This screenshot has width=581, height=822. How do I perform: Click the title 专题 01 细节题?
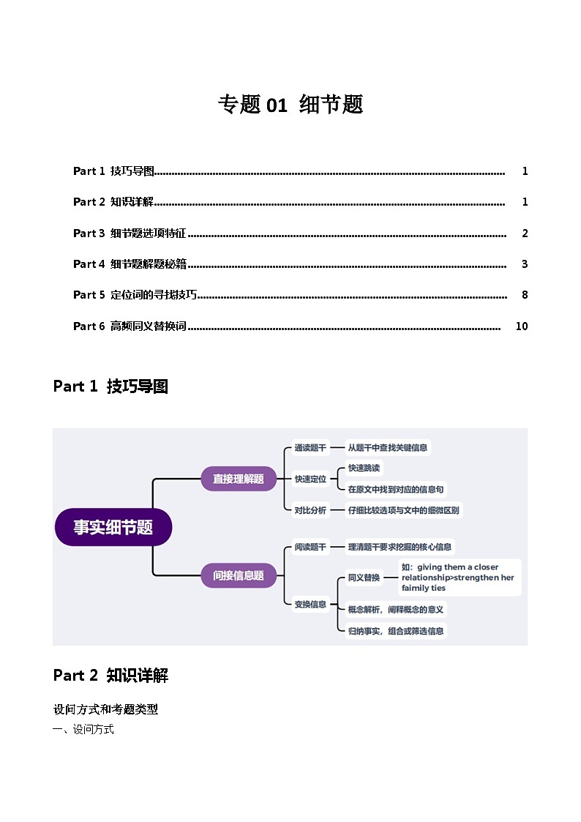[290, 105]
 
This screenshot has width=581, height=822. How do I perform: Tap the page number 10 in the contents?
[521, 326]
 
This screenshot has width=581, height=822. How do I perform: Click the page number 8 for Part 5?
[525, 295]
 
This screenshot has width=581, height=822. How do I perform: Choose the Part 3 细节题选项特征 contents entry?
[130, 233]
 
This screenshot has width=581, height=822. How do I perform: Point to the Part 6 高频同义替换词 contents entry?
[130, 326]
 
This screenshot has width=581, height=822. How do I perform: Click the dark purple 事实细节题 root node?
[113, 527]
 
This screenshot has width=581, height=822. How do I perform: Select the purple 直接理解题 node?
[239, 479]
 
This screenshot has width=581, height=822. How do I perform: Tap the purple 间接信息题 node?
[239, 575]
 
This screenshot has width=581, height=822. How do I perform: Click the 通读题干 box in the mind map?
[310, 447]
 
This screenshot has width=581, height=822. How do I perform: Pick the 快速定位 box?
[310, 479]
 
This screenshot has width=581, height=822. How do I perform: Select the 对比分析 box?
[310, 510]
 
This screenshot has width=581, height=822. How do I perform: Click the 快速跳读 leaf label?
[364, 468]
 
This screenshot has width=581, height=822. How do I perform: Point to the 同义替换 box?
[364, 578]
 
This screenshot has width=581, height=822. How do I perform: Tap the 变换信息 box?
[310, 604]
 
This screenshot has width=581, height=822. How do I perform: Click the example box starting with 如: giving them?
[460, 578]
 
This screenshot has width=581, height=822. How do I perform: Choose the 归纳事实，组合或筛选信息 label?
[395, 630]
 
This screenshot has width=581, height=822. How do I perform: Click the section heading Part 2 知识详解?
[110, 676]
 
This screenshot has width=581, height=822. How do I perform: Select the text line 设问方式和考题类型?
[105, 709]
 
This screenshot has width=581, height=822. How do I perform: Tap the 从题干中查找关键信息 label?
[388, 447]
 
